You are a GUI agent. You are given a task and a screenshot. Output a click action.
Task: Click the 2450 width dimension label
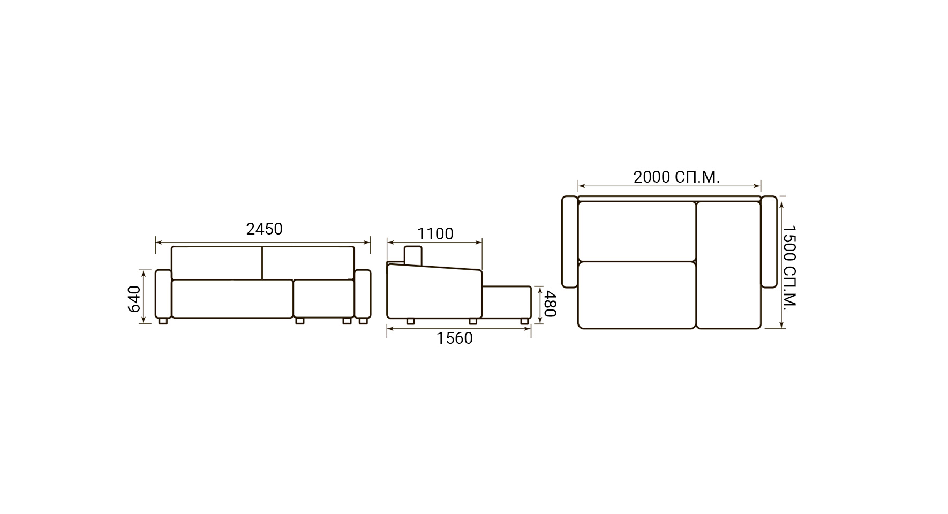pos(264,229)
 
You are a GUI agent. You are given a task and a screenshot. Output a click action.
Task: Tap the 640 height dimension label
pos(134,299)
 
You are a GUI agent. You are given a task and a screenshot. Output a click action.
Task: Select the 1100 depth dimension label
pos(435,234)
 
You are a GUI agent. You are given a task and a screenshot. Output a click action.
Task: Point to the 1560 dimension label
pos(455,338)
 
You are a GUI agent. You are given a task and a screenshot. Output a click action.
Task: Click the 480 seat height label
pos(551,304)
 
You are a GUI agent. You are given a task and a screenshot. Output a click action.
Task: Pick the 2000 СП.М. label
pos(676,177)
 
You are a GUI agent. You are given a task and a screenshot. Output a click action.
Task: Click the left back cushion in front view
pos(217,263)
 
